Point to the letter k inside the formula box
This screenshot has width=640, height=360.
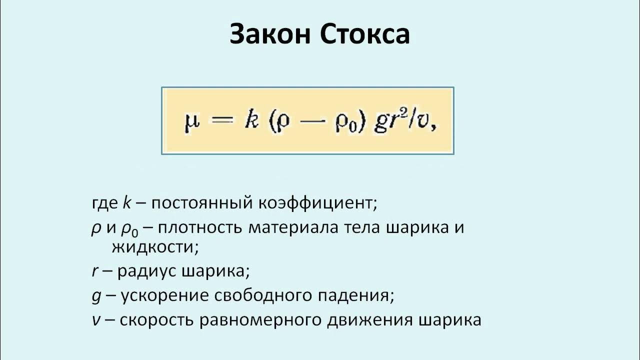[250, 121]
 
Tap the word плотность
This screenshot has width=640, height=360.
[202, 228]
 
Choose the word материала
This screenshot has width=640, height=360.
[294, 228]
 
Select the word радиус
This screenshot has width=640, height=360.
[147, 271]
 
